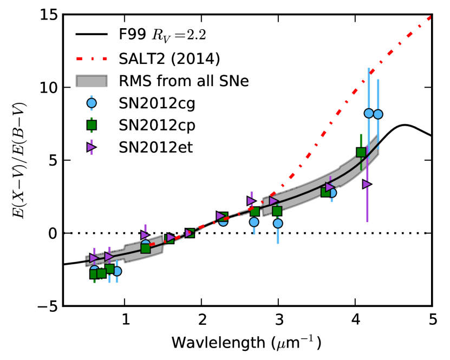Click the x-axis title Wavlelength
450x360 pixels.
coord(217,343)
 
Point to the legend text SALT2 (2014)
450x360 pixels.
coord(168,57)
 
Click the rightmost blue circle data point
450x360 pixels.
coord(378,114)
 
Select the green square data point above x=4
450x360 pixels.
coord(361,152)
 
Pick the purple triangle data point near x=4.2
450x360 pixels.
coord(367,184)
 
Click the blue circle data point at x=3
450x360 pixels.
coord(278,223)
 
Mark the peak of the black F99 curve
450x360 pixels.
coord(405,125)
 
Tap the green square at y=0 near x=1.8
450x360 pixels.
coord(190,233)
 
